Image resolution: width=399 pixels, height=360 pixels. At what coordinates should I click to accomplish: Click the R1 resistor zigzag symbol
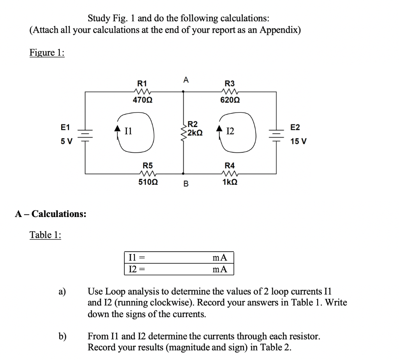point(142,92)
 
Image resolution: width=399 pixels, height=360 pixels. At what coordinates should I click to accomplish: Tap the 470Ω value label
point(143,100)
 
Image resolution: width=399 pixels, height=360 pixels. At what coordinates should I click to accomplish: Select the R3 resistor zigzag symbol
point(230,92)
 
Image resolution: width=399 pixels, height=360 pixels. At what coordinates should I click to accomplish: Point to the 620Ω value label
point(230,100)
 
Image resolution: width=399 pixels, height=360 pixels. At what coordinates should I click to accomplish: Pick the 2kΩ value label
point(195,133)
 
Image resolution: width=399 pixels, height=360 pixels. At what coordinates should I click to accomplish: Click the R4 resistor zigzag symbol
point(230,173)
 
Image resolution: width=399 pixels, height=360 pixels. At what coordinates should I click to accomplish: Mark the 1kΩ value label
point(230,182)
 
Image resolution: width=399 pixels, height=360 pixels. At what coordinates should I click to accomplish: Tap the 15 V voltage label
point(298,141)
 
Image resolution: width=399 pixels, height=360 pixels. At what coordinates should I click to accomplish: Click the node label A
point(186,81)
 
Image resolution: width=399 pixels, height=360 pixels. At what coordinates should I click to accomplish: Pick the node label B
point(186,184)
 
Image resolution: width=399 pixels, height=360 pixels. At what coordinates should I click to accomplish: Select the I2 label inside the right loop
point(230,132)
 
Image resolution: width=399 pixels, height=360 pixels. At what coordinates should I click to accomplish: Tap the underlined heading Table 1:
point(46,235)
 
